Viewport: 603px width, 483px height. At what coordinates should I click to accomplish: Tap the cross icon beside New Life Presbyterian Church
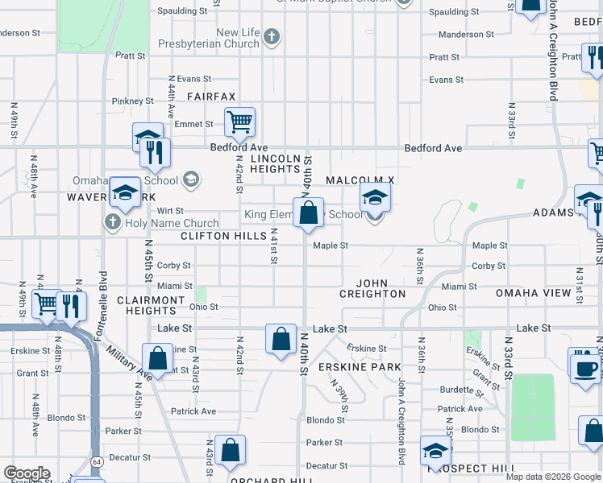[272, 36]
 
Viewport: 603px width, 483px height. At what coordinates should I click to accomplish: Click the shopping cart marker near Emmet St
[239, 123]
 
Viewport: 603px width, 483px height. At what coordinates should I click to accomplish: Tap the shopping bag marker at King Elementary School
[308, 214]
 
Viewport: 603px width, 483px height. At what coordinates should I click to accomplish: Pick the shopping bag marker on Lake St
[281, 339]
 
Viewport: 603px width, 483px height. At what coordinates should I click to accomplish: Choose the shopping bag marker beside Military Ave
[158, 358]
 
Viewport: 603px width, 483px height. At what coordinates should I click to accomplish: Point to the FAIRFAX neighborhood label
[211, 97]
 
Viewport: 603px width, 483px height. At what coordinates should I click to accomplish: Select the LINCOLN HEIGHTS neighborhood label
[276, 163]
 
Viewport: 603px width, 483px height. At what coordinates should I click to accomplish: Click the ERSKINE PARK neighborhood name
[359, 367]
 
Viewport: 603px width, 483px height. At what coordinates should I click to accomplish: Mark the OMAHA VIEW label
[534, 293]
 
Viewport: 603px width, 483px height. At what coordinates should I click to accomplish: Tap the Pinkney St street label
[133, 101]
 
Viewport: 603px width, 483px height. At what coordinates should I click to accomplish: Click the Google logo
[27, 473]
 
